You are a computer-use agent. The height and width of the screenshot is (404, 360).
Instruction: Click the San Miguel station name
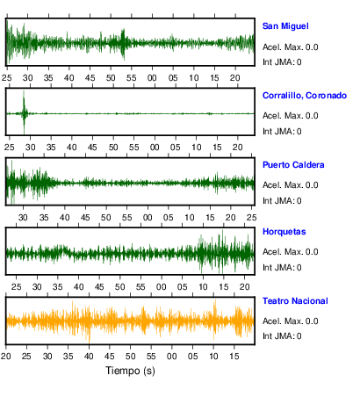click(x=285, y=26)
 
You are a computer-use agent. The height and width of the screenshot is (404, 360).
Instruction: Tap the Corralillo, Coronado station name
click(x=305, y=96)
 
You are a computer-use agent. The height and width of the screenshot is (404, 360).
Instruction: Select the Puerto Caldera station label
click(x=293, y=165)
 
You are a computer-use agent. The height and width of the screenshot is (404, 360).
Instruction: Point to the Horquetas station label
click(x=284, y=232)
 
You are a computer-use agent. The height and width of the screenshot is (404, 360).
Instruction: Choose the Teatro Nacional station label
click(x=295, y=301)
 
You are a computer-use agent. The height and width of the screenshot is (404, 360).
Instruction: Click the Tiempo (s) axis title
click(x=130, y=371)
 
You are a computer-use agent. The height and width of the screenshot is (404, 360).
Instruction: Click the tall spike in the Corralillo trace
click(x=24, y=112)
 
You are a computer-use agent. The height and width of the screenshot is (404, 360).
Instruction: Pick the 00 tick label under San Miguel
click(x=152, y=78)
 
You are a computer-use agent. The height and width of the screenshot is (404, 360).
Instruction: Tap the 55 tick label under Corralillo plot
click(x=133, y=147)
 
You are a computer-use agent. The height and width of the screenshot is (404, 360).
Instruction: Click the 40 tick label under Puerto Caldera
click(x=64, y=218)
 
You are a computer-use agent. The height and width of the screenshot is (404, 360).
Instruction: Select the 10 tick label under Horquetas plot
click(x=203, y=286)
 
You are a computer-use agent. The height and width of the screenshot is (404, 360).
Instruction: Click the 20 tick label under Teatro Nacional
click(x=5, y=357)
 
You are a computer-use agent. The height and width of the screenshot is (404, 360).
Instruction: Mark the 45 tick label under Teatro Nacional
click(x=110, y=357)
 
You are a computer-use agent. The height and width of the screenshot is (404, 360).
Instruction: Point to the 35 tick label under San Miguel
click(x=48, y=78)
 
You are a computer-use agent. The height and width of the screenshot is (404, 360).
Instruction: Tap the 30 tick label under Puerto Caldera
click(x=23, y=218)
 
